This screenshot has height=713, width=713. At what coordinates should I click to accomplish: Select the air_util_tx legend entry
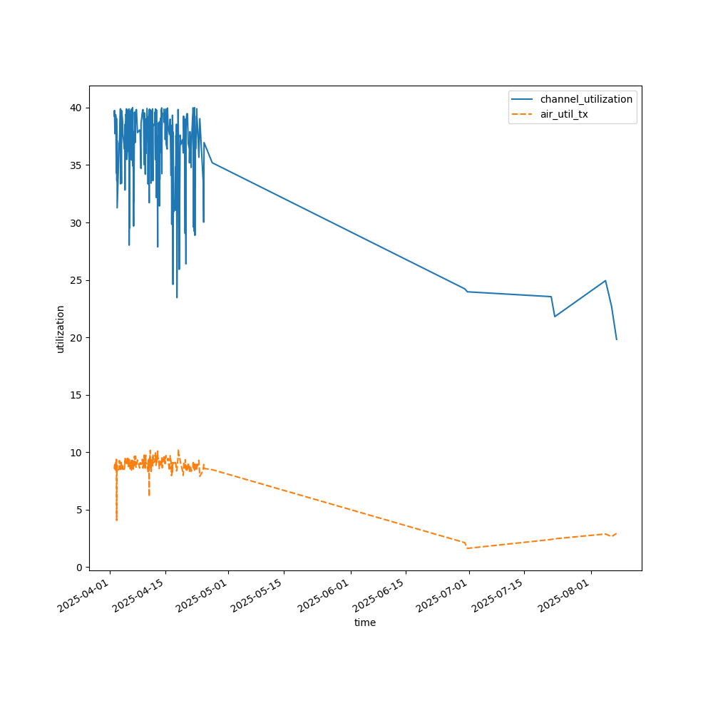click(564, 114)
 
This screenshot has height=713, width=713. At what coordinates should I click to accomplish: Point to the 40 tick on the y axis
click(75, 108)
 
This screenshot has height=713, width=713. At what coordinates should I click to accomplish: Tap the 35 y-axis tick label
click(75, 165)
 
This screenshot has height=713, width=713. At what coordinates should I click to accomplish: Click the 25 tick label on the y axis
click(75, 280)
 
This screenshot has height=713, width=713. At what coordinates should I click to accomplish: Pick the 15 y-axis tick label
click(75, 395)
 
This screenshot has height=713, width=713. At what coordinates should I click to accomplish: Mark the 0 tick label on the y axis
click(78, 567)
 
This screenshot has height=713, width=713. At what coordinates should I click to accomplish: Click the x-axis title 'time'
click(365, 622)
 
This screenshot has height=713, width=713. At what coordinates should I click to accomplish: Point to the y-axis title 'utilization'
click(61, 329)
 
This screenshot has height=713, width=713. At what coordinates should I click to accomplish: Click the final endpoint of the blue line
click(617, 339)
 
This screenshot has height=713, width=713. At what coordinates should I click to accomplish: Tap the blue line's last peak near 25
click(605, 280)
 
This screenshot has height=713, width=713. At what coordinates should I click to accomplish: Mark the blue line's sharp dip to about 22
click(555, 317)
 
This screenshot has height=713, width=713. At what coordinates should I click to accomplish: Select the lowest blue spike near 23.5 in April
click(177, 297)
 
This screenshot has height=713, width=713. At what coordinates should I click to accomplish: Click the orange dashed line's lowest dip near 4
click(116, 520)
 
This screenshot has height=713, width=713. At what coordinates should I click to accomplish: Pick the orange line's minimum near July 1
click(468, 548)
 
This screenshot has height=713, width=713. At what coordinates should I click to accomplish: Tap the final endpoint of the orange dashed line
click(617, 533)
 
